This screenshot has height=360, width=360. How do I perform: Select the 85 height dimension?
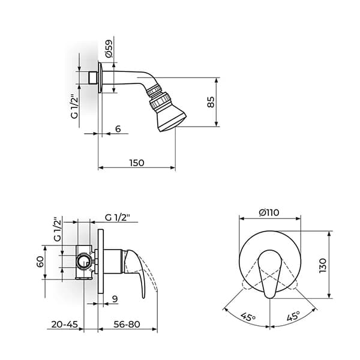pyautogui.click(x=211, y=103)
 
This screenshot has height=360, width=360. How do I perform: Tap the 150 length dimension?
pyautogui.click(x=137, y=163)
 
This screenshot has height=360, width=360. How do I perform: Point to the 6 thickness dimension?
pyautogui.click(x=118, y=129)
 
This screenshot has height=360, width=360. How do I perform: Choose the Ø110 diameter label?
pyautogui.click(x=270, y=212)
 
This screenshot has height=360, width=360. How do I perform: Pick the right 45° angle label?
pyautogui.click(x=293, y=316)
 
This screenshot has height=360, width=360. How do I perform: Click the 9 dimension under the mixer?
pyautogui.click(x=113, y=298)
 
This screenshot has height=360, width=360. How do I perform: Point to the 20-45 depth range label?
pyautogui.click(x=65, y=325)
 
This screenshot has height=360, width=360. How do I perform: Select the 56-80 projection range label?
pyautogui.click(x=127, y=325)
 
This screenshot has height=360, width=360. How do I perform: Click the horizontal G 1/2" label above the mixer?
pyautogui.click(x=117, y=217)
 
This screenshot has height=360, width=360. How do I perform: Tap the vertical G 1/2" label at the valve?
pyautogui.click(x=58, y=229)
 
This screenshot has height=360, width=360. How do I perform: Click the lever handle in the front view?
pyautogui.click(x=270, y=274)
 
